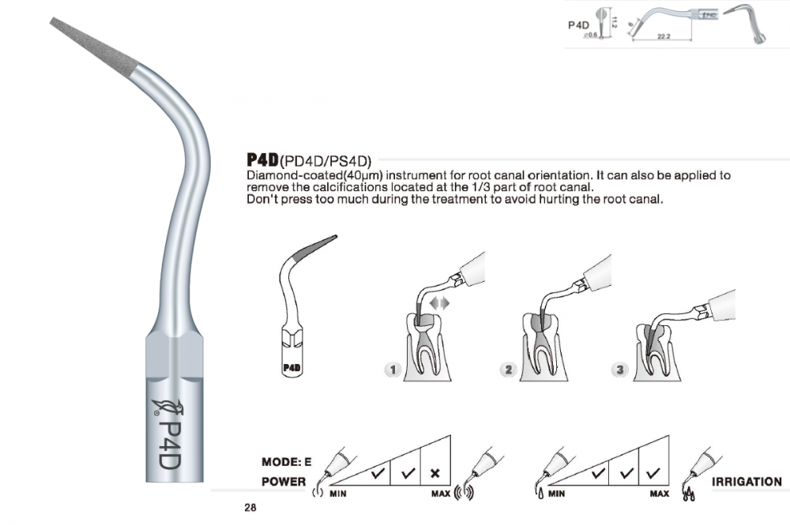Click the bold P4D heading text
click(x=262, y=159)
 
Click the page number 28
click(x=250, y=508)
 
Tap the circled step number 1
click(x=393, y=370)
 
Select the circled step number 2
click(x=508, y=370)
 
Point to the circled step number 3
click(x=619, y=370)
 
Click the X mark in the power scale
click(x=435, y=473)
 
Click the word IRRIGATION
click(x=747, y=482)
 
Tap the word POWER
click(x=284, y=482)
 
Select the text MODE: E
click(x=286, y=462)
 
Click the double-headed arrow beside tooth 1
click(x=439, y=303)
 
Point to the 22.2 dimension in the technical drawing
click(x=664, y=36)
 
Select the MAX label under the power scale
click(x=440, y=493)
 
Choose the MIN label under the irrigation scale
click(x=556, y=493)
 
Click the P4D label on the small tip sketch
click(x=292, y=368)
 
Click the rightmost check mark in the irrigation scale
click(x=653, y=473)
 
